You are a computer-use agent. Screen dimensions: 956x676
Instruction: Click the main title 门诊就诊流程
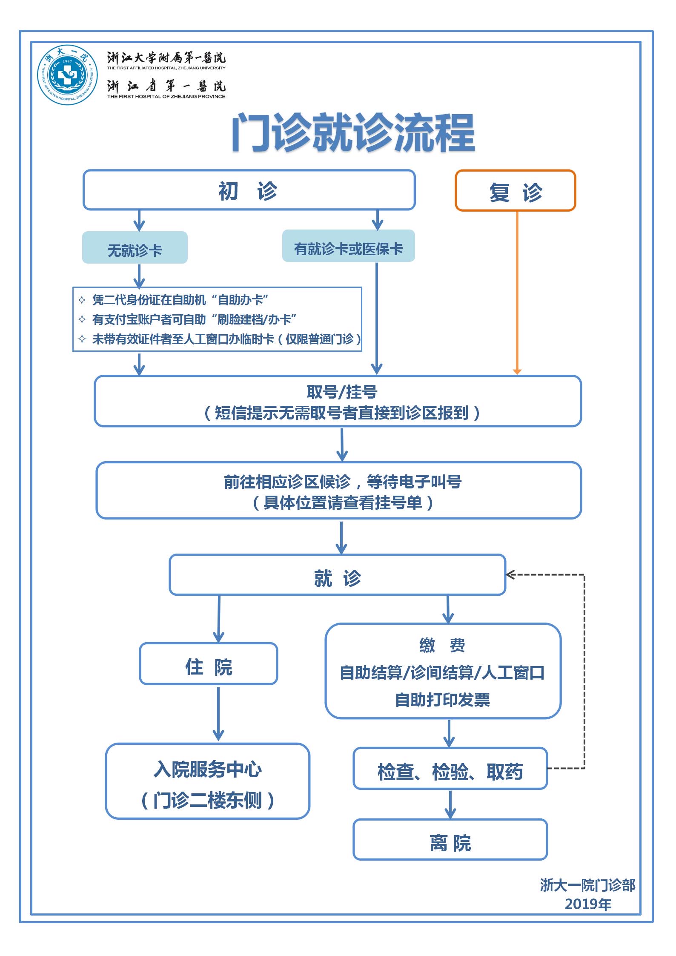click(x=353, y=133)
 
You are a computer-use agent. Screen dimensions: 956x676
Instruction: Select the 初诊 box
click(x=249, y=190)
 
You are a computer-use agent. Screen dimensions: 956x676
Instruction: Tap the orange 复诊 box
click(x=515, y=191)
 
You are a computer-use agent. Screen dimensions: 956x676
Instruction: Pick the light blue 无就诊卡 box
click(x=135, y=248)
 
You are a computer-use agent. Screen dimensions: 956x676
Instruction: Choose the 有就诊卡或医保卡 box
click(x=348, y=247)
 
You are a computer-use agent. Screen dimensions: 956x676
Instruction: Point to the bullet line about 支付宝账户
click(x=194, y=319)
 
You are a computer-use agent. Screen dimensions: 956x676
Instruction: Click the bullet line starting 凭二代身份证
click(x=180, y=300)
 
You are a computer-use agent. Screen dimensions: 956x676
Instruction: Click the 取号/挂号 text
click(x=341, y=392)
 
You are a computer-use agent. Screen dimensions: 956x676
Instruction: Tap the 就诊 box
click(x=337, y=575)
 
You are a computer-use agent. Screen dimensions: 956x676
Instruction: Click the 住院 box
click(x=208, y=667)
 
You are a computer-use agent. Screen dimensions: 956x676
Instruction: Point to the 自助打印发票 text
click(x=442, y=700)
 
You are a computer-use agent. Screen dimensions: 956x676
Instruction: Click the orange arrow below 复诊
click(x=517, y=294)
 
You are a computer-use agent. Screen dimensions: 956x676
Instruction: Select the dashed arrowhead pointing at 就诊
click(x=510, y=575)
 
